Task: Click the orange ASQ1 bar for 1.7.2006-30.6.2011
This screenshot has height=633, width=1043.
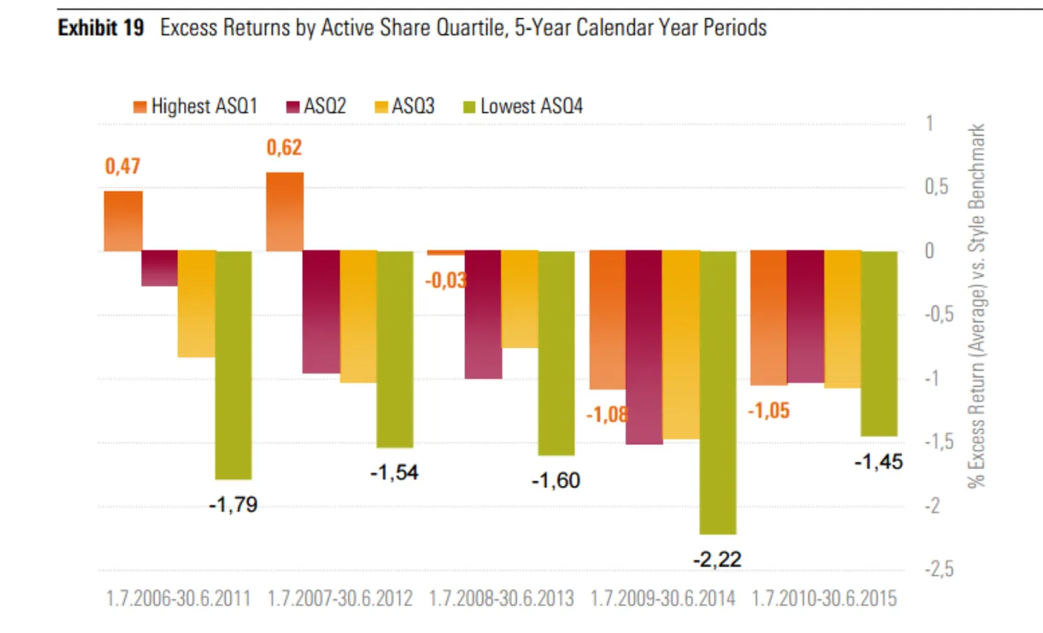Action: (x=123, y=221)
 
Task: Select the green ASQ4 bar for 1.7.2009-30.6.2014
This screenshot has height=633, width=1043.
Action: (x=718, y=392)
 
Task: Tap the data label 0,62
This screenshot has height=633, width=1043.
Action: (x=284, y=147)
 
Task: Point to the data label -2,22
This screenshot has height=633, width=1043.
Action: (x=716, y=559)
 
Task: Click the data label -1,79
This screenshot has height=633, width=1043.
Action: (x=233, y=505)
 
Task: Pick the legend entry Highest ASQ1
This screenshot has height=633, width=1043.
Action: (x=197, y=106)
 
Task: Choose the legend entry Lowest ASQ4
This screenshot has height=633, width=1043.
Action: (x=523, y=106)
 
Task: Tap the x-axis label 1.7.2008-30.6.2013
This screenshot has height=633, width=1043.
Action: (x=502, y=599)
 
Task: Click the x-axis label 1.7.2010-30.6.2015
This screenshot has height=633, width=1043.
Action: (x=825, y=599)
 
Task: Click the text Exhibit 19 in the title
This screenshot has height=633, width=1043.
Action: (x=101, y=29)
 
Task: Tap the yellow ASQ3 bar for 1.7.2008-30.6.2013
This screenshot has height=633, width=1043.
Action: (x=520, y=299)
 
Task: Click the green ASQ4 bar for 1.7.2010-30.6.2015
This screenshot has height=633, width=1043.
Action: (x=879, y=343)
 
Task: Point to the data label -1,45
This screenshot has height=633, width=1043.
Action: (x=878, y=462)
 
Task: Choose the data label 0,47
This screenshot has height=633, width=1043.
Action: (x=123, y=166)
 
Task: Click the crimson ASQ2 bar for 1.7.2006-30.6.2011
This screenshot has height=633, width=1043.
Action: (x=160, y=268)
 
